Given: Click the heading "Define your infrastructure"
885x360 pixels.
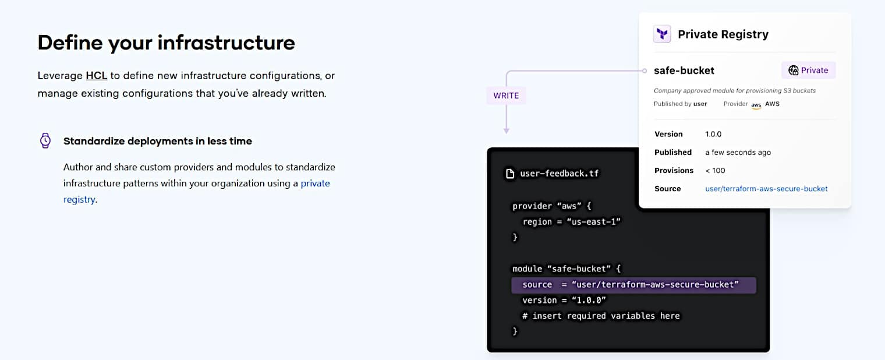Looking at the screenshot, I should tap(166, 43).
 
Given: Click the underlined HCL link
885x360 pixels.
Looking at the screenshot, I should tap(96, 76).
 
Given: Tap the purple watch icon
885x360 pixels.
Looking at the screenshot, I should tap(45, 140).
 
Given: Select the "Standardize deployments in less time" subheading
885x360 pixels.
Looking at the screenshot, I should tap(157, 141).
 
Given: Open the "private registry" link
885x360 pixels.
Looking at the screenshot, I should tap(315, 183).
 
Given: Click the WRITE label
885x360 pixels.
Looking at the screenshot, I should tap(506, 96).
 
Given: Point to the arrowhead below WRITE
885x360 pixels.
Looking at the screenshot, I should tap(506, 130).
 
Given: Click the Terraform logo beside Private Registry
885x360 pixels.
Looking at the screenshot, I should tap(662, 34).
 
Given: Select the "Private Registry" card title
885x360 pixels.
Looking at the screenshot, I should tap(723, 34).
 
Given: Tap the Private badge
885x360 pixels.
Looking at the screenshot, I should tap(808, 70).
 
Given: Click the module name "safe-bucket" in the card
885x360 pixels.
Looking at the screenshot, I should tap(684, 70).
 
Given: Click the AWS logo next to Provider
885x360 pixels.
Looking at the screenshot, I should tap(756, 105).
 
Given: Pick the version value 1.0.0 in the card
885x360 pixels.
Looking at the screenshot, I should tap(713, 134).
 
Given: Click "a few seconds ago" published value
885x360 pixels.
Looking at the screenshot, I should tap(738, 152).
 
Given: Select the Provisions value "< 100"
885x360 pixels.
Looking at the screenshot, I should tap(715, 170).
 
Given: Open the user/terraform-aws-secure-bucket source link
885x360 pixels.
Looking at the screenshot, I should tap(766, 189).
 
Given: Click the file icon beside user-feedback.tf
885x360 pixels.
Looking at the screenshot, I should tap(509, 173).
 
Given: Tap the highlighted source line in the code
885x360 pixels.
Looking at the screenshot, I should tap(633, 285).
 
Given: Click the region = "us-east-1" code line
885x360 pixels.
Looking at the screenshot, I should tap(572, 221).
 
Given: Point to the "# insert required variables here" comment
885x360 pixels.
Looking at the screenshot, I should tap(600, 316).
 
